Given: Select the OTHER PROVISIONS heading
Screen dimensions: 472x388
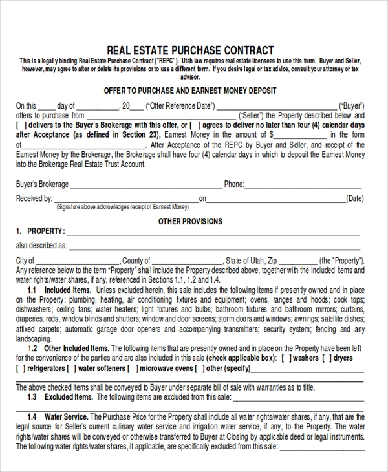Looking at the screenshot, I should click(190, 221).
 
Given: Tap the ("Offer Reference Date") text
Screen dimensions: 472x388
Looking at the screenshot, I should click(180, 106).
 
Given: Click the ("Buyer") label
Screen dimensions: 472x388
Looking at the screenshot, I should click(352, 106).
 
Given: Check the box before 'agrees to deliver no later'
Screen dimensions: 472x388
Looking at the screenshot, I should click(202, 125).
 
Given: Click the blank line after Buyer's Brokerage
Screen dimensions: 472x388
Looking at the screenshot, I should click(145, 185).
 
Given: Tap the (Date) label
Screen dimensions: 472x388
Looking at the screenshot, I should click(355, 199).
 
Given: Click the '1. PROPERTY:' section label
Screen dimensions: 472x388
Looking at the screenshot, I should click(39, 231).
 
